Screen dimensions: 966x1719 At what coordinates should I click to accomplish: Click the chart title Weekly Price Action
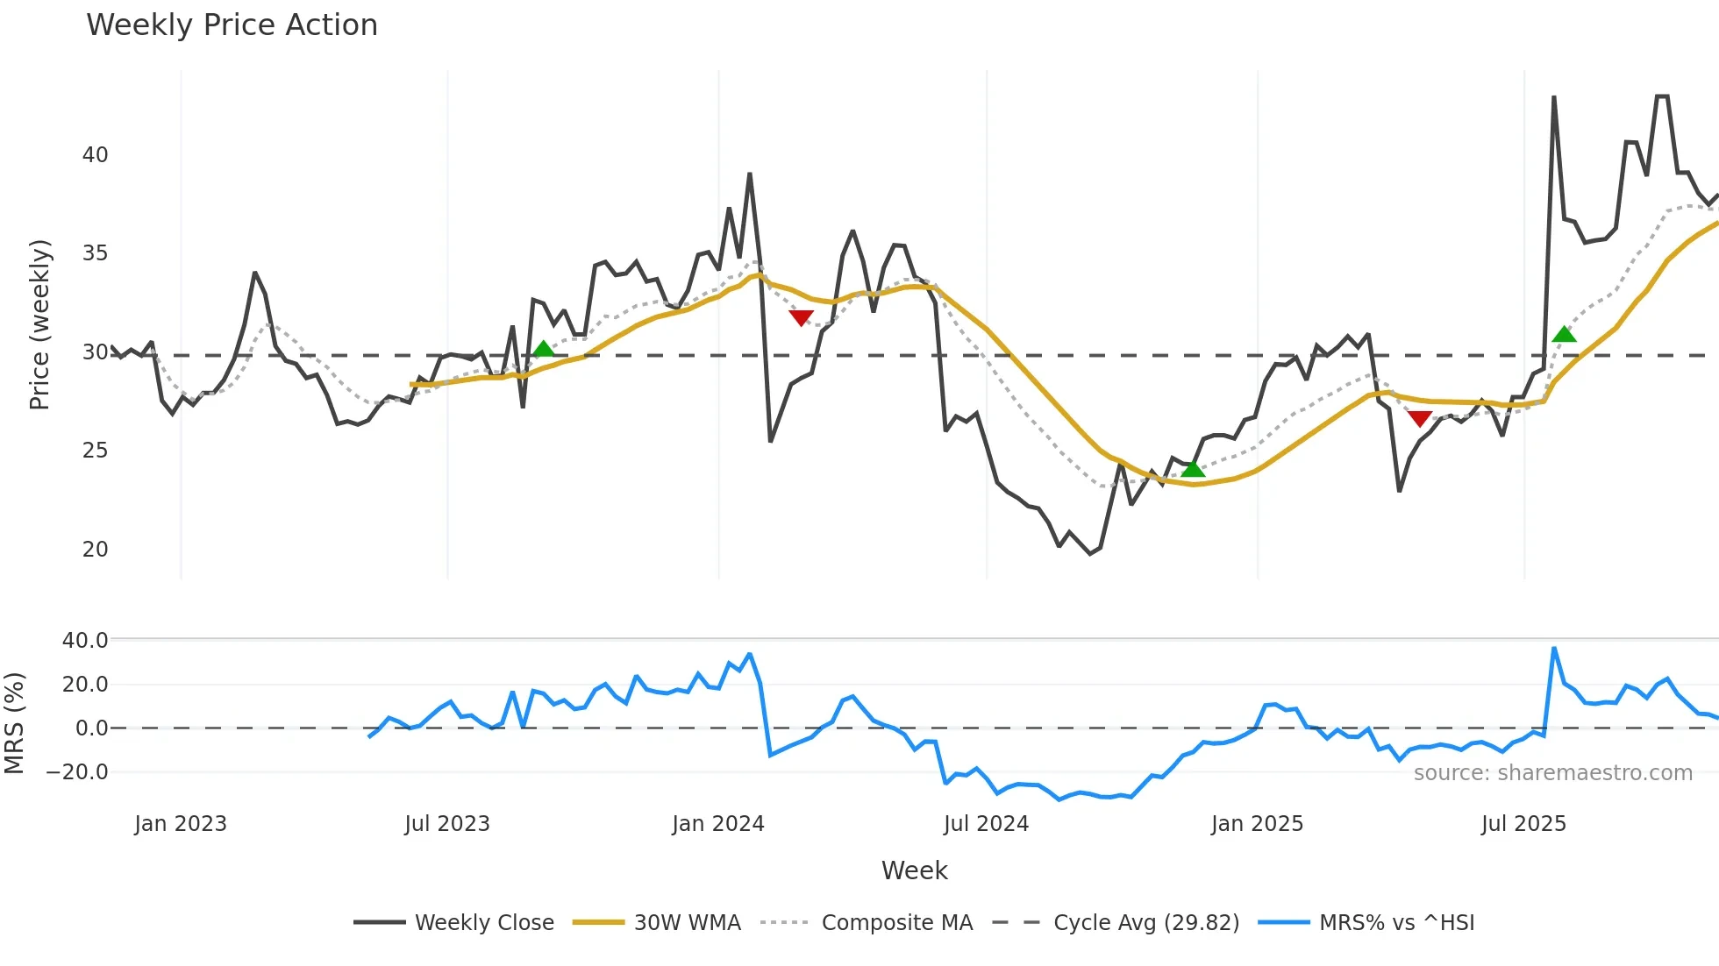pyautogui.click(x=232, y=25)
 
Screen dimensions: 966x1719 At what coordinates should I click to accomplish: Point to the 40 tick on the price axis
pyautogui.click(x=95, y=155)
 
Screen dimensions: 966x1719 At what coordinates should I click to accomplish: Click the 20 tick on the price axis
pyautogui.click(x=95, y=550)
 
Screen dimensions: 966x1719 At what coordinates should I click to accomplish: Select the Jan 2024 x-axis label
pyautogui.click(x=718, y=824)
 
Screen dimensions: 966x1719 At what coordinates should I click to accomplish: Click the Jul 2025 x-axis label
pyautogui.click(x=1523, y=824)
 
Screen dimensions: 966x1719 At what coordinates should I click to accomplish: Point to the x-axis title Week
pyautogui.click(x=914, y=870)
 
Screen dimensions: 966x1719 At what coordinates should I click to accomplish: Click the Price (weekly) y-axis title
pyautogui.click(x=40, y=324)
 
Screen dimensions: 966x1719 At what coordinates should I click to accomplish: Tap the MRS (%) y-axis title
pyautogui.click(x=14, y=723)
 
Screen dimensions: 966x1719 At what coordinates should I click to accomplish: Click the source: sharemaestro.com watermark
pyautogui.click(x=1552, y=773)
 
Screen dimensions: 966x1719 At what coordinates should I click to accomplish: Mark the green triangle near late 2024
pyautogui.click(x=1193, y=469)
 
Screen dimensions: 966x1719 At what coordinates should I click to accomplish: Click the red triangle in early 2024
pyautogui.click(x=801, y=317)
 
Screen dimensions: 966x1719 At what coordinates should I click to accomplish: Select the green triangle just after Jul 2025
pyautogui.click(x=1564, y=334)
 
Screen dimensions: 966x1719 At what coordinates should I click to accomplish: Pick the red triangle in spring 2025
pyautogui.click(x=1420, y=419)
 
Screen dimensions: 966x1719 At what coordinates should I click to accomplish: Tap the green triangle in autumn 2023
pyautogui.click(x=544, y=349)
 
